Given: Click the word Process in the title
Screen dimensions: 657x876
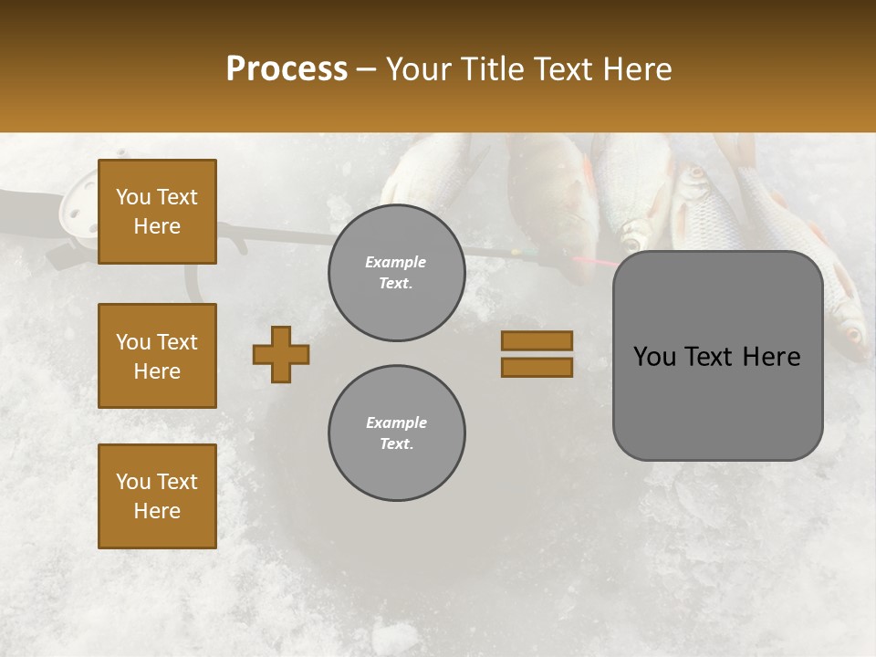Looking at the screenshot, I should pyautogui.click(x=287, y=68).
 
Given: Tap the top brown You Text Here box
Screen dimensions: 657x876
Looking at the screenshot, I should pyautogui.click(x=157, y=212).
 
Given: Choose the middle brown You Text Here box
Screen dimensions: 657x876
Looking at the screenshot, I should pyautogui.click(x=157, y=356).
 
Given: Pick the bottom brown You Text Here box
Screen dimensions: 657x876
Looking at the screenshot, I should pyautogui.click(x=157, y=495).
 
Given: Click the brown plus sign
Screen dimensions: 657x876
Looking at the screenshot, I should pyautogui.click(x=281, y=354).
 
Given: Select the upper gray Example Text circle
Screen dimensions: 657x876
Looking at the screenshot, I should pyautogui.click(x=396, y=273).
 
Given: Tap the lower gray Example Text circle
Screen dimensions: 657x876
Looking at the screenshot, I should pyautogui.click(x=396, y=433).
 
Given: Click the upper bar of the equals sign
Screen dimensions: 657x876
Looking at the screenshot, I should pyautogui.click(x=537, y=340).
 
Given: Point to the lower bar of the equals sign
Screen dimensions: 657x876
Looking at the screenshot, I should pyautogui.click(x=537, y=367).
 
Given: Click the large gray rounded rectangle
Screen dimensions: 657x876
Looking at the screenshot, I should pyautogui.click(x=717, y=401).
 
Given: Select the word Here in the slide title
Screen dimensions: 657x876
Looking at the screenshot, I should pyautogui.click(x=639, y=69).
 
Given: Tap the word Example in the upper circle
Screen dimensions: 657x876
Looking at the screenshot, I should pyautogui.click(x=396, y=262).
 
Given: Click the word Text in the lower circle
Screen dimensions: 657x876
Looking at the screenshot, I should pyautogui.click(x=396, y=444).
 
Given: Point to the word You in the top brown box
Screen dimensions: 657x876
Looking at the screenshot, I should pyautogui.click(x=132, y=197).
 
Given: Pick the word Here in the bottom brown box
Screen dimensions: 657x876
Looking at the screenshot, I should pyautogui.click(x=157, y=511).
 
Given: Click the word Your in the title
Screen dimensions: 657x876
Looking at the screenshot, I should pyautogui.click(x=418, y=69).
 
